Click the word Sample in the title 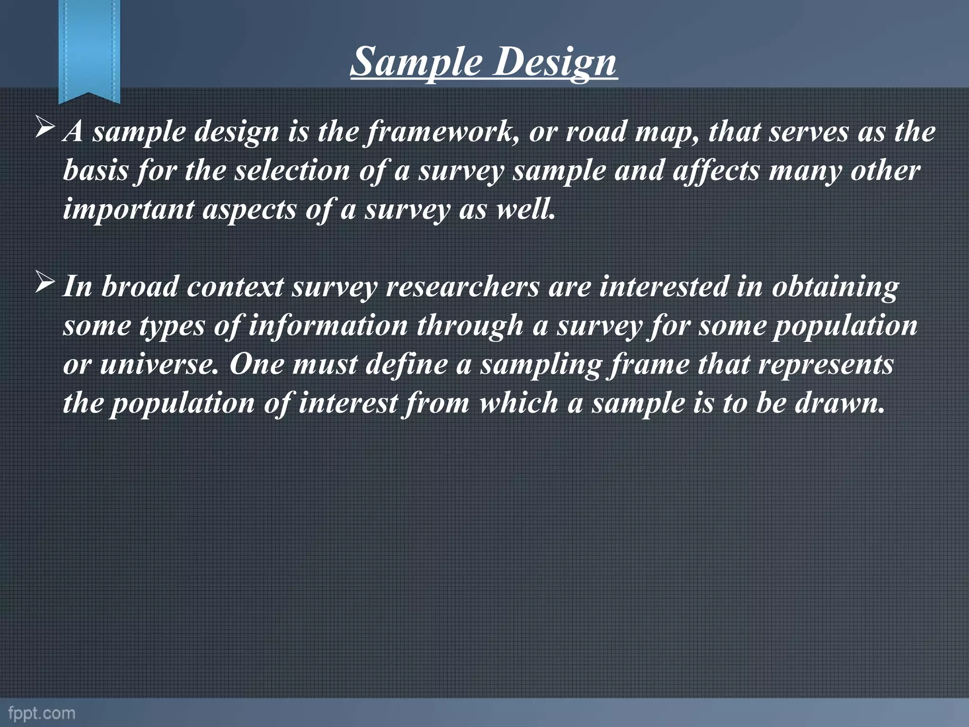416,62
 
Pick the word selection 292,170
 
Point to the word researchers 463,287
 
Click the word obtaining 835,287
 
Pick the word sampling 541,364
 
